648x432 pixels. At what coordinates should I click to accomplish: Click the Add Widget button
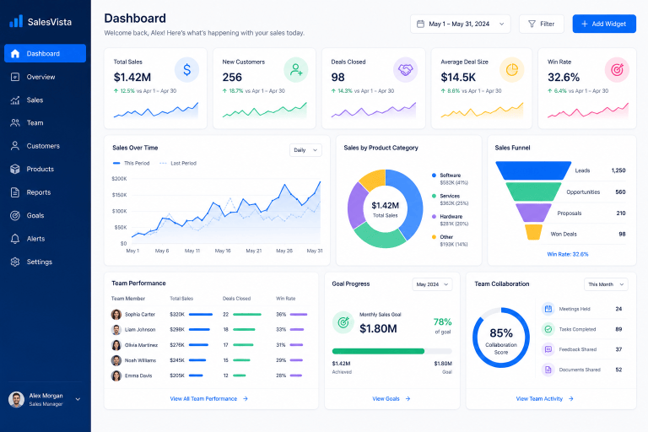pos(604,24)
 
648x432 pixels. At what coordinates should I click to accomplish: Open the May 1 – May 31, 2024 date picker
pos(460,24)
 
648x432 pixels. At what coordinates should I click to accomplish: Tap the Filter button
pos(542,24)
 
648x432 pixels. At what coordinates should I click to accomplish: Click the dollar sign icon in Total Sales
pos(186,70)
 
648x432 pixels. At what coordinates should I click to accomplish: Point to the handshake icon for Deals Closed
pos(405,70)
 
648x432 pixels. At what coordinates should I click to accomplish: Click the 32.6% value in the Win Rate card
pos(564,78)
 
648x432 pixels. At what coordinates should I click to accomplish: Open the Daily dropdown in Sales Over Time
pos(305,150)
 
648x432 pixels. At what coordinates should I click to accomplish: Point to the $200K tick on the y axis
pos(119,179)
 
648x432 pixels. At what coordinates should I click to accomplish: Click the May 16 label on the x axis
pos(223,251)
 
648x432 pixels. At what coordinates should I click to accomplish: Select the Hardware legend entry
pos(451,220)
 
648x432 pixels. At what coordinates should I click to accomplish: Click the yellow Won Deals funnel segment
pos(533,232)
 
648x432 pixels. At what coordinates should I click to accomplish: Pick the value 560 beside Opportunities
pos(620,192)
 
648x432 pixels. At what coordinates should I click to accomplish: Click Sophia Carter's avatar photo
pos(116,314)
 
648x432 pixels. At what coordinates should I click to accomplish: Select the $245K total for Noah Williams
pos(177,360)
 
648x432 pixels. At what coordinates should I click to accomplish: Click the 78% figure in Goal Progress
pos(442,321)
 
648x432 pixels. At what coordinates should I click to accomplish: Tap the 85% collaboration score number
pos(501,332)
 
